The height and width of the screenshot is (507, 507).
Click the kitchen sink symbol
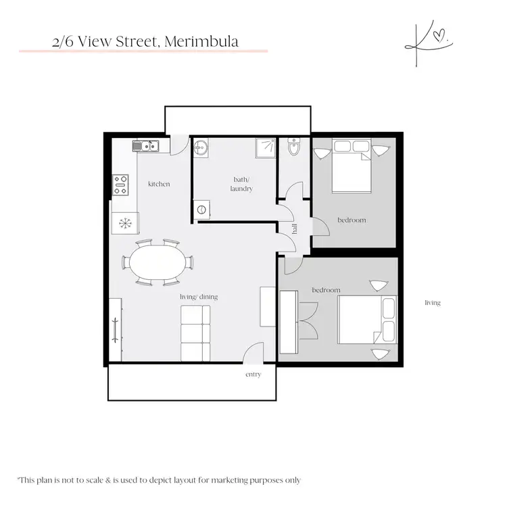145,145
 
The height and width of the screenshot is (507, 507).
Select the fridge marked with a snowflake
124,222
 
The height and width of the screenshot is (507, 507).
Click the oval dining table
157,262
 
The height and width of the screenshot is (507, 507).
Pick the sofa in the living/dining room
195,333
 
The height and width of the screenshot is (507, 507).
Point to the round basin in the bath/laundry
201,149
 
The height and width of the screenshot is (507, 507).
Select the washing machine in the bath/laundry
201,210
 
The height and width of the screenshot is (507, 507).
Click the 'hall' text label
295,230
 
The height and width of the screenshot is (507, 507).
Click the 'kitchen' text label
159,184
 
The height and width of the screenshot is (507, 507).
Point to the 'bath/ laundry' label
241,184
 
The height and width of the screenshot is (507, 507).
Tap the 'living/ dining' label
199,297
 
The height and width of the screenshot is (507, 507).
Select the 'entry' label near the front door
253,374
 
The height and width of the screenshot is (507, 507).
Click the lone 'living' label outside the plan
432,303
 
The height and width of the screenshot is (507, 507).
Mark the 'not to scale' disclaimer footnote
160,480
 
